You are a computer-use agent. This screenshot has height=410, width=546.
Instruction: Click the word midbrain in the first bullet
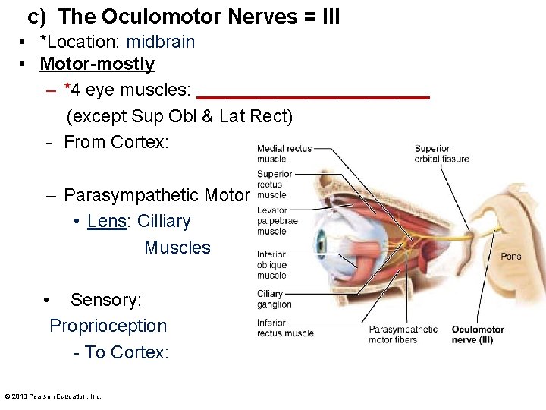tap(160, 42)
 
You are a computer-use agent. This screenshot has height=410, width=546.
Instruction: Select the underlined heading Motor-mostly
tap(97, 65)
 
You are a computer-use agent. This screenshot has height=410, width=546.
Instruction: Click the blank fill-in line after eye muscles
tap(312, 94)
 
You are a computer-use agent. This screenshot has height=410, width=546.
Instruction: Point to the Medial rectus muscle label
tap(284, 153)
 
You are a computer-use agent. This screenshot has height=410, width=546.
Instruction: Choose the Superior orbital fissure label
tap(441, 153)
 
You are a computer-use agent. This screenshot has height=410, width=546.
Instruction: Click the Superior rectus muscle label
tap(275, 184)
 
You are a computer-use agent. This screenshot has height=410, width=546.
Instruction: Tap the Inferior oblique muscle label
tap(271, 265)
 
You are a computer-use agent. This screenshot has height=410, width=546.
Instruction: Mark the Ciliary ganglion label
tap(274, 299)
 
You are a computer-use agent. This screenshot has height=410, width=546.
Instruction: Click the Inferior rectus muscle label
tap(284, 328)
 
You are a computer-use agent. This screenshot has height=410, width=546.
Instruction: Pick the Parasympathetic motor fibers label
tap(403, 335)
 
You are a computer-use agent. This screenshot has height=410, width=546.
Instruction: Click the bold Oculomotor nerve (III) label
tap(478, 335)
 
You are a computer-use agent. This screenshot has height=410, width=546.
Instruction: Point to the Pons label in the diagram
tap(510, 257)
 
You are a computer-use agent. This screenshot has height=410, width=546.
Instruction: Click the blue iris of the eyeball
tap(321, 245)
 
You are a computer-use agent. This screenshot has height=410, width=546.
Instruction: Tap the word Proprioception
tap(108, 326)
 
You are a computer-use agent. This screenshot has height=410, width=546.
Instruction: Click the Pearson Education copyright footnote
tap(53, 396)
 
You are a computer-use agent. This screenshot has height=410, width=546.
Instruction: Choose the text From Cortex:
tap(116, 142)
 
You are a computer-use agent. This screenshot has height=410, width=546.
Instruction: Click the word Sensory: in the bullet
tap(105, 300)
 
